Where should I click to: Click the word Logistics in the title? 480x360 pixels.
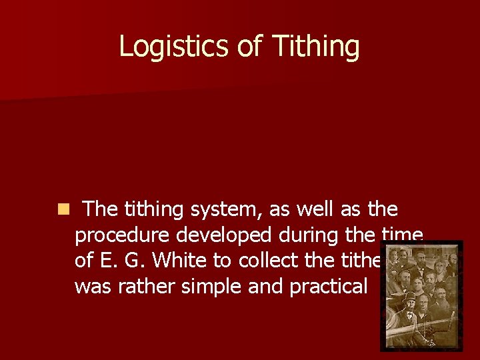pos(173,47)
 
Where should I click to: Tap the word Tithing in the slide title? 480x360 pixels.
pos(315,47)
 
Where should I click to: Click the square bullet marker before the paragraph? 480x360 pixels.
pos(63,210)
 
